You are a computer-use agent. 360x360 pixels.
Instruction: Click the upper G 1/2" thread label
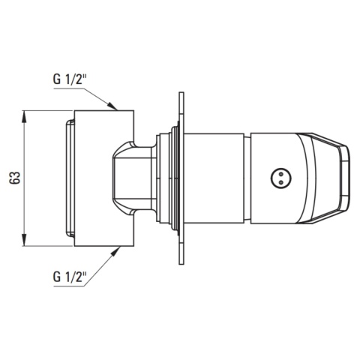tap(70, 79)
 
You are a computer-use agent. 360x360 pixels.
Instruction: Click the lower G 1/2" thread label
tap(70, 277)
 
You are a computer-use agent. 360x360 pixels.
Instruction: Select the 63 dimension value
tap(15, 178)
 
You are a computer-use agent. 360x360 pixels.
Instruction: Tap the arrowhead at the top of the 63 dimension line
tap(24, 116)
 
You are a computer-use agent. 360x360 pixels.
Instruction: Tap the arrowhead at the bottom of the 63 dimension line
tap(24, 240)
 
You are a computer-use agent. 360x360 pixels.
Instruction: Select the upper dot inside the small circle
tap(280, 173)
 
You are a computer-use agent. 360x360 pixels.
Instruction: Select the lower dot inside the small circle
tap(280, 182)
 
